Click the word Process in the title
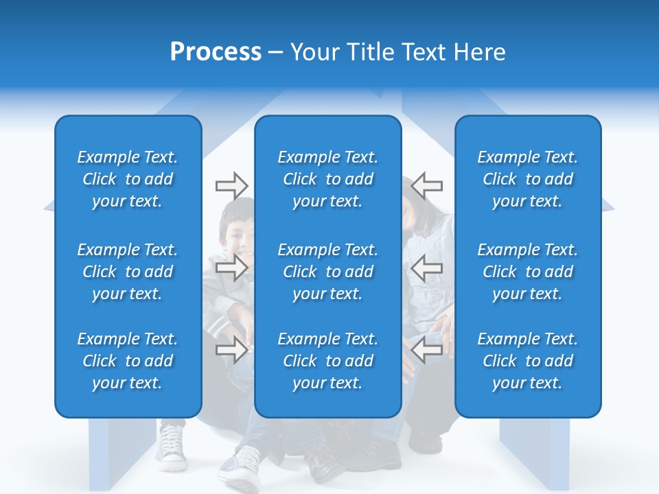[216, 52]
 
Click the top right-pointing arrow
[231, 185]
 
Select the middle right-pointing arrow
[231, 268]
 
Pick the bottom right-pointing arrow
[231, 350]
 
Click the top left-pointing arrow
[426, 185]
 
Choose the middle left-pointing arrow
[426, 268]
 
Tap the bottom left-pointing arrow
[426, 350]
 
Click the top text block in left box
[128, 179]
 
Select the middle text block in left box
[128, 272]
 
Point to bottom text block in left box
[128, 361]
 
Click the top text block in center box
[327, 179]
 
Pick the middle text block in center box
[327, 272]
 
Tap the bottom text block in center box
[327, 361]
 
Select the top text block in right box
[527, 179]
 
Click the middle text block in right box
[527, 272]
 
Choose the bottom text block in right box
[527, 361]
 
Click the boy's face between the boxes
[237, 233]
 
